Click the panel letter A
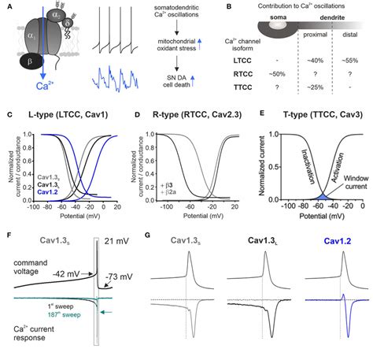pos(6,6)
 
